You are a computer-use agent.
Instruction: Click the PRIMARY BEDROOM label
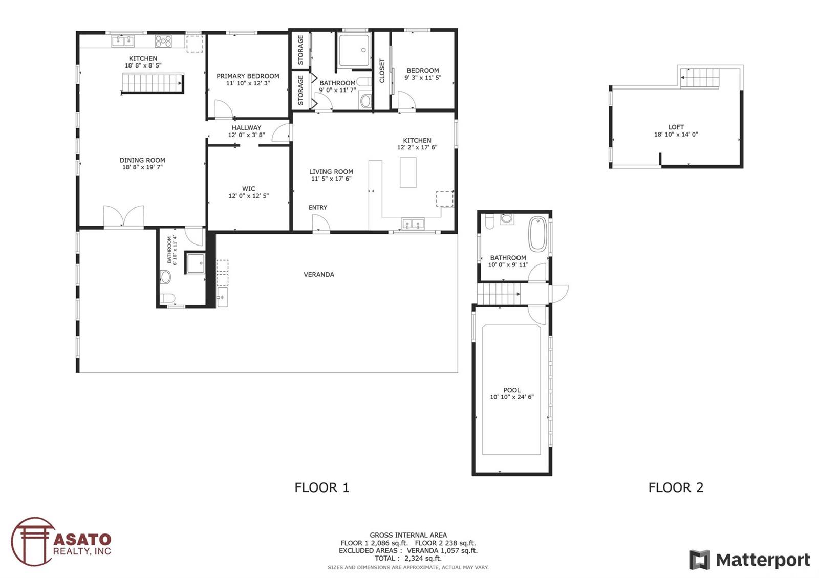coord(248,76)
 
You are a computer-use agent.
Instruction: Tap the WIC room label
coord(248,189)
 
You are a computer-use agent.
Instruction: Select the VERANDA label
coord(318,274)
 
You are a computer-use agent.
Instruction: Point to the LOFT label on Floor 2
coord(676,127)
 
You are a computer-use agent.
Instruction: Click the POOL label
coord(511,390)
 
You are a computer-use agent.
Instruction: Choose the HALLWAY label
coord(246,127)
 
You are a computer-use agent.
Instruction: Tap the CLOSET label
coord(382,71)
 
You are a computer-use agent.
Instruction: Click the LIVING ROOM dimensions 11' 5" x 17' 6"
coord(331,179)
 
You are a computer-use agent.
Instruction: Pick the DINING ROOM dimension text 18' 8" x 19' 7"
coord(142,167)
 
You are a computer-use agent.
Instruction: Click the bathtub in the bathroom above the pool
coord(537,234)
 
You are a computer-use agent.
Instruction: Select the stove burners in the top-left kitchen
coord(163,41)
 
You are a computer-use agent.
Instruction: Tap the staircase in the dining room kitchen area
coord(153,84)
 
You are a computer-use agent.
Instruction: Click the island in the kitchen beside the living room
coord(407,172)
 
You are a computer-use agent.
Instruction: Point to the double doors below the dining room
coord(123,216)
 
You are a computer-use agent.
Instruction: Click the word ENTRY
coord(318,208)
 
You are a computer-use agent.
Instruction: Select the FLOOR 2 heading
coord(676,487)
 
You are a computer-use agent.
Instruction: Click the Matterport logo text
coord(763,560)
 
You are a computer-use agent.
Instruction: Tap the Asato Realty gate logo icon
coord(33,541)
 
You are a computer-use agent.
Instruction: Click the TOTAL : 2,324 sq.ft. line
coord(407,558)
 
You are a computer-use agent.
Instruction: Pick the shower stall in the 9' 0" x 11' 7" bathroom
coord(354,50)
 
